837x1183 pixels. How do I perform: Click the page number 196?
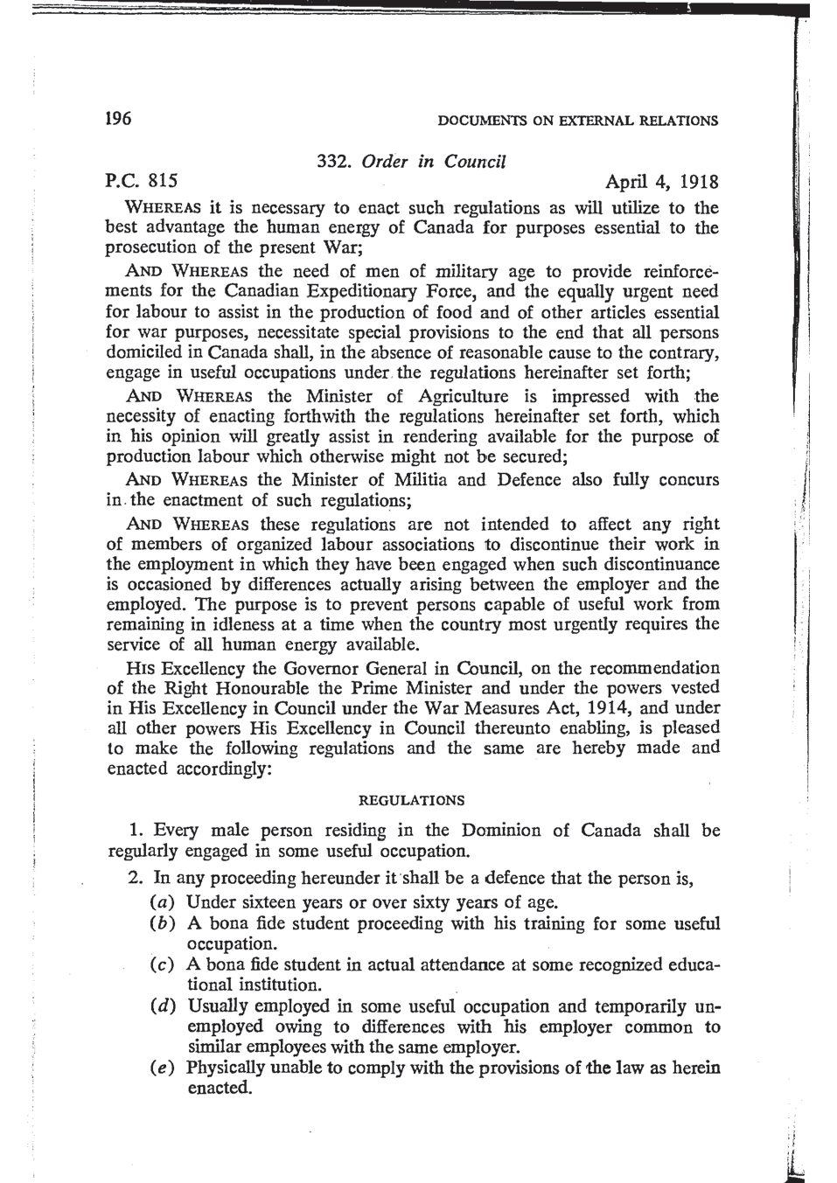click(118, 118)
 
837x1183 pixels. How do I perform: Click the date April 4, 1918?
click(662, 182)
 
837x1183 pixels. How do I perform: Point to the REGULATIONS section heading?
click(413, 800)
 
